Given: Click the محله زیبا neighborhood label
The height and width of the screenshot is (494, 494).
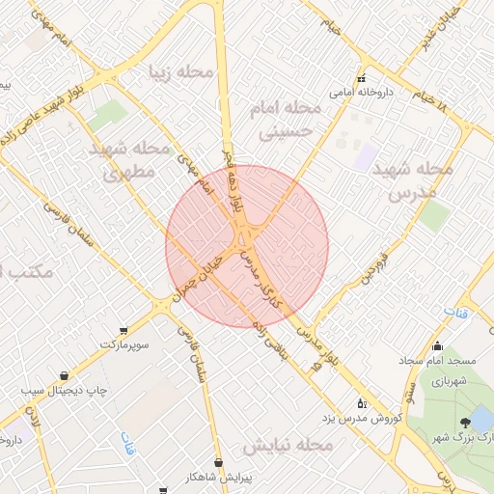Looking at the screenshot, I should coord(180,71).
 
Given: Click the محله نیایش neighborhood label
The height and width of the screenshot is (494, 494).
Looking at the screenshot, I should coord(287,447).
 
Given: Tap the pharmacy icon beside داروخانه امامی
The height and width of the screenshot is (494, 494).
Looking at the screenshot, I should coord(362,79).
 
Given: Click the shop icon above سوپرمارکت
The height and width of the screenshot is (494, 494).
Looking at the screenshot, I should coord(123,329).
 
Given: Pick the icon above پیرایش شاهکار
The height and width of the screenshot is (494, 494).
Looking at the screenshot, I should coord(218,463).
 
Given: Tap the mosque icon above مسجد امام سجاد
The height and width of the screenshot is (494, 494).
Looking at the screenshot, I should coord(437,346).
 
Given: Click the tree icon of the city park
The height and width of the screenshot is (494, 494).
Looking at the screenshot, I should coord(466,422).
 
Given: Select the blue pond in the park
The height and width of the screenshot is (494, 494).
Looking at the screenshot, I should coord(480,418).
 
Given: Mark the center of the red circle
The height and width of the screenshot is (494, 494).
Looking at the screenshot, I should coord(247,247).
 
